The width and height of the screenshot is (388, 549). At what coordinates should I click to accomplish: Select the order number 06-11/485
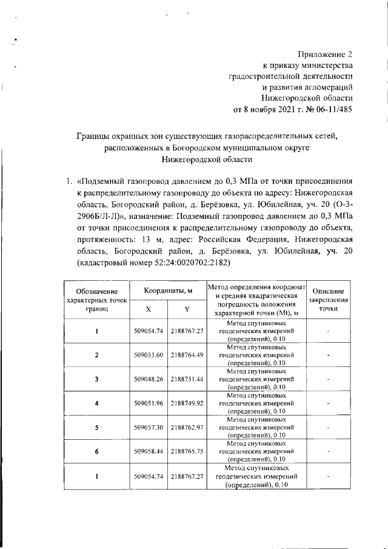click(328, 109)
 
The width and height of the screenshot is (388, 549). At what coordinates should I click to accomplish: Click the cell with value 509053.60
click(149, 355)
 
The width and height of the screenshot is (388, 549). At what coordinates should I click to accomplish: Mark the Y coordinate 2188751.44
click(187, 379)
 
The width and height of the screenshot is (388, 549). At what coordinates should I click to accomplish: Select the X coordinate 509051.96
click(149, 403)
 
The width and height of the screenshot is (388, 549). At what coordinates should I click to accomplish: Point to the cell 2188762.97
click(187, 428)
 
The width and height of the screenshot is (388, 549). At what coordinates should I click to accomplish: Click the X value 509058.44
click(149, 452)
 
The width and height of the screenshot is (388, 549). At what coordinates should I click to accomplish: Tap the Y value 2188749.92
click(187, 403)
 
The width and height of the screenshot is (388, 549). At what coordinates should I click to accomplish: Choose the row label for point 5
click(97, 428)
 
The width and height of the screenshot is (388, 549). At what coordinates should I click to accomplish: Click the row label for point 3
click(97, 379)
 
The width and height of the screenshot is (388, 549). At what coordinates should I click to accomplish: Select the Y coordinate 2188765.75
click(187, 452)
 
